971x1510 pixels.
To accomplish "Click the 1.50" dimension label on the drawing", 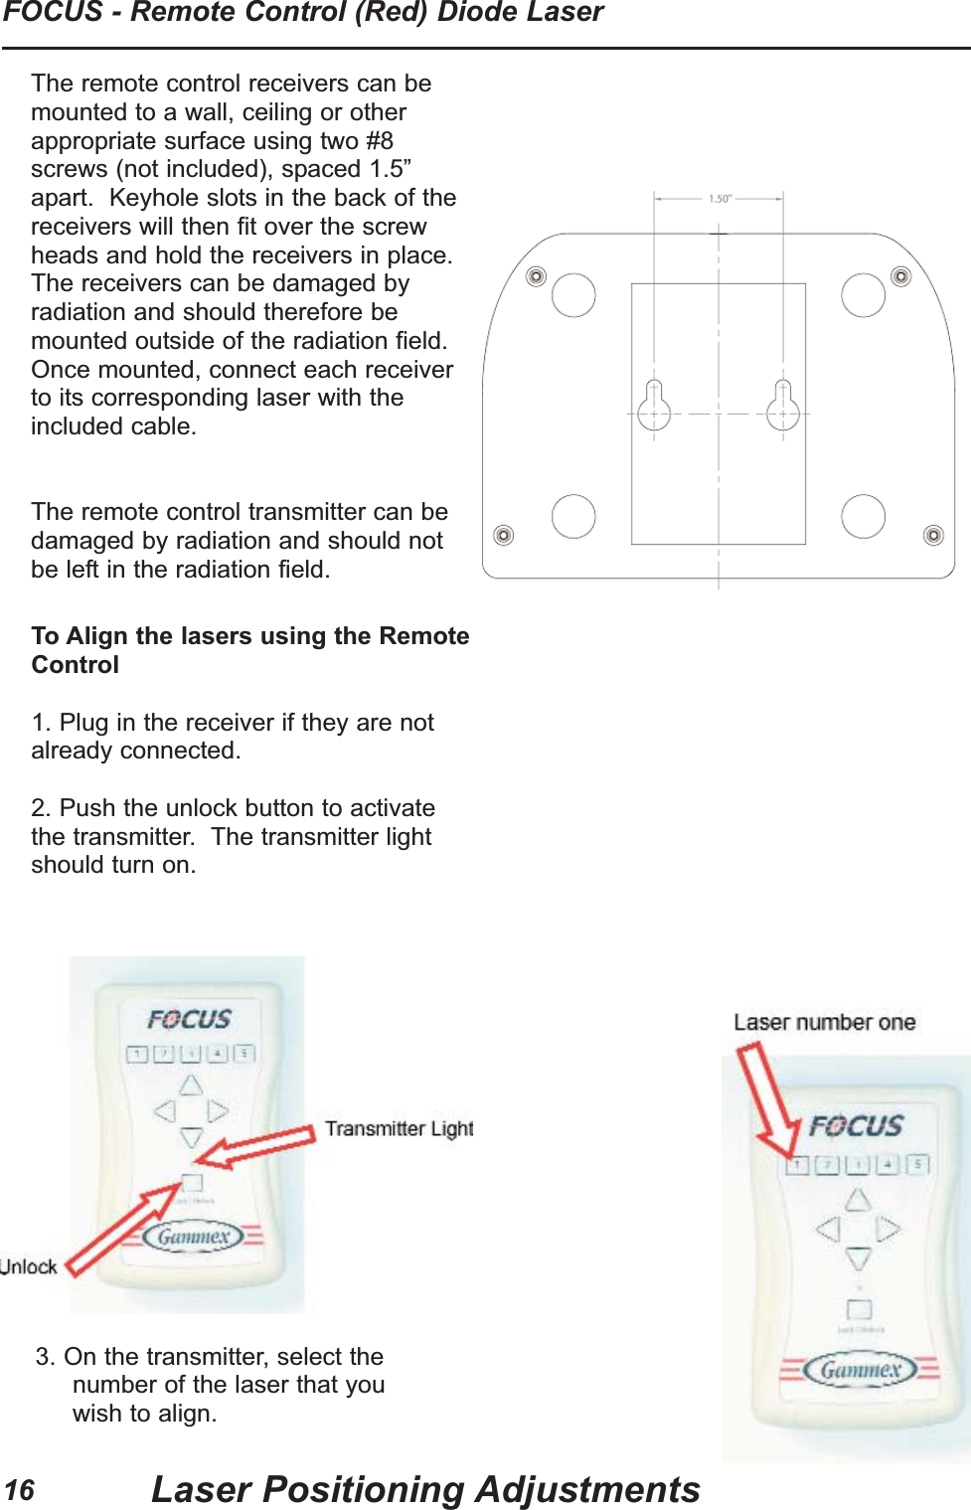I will (720, 199).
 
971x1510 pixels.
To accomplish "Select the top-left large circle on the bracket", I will (573, 295).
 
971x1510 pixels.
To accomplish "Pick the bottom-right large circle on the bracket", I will (863, 516).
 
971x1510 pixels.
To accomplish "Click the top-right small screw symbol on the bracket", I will (901, 276).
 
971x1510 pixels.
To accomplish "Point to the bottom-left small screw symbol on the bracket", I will (504, 536).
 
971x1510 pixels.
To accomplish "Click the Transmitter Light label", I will (399, 1129).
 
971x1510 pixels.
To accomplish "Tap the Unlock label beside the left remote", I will (29, 1266).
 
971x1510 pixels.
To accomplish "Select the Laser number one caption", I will (824, 1023).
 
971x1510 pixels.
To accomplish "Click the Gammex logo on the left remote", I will (194, 1237).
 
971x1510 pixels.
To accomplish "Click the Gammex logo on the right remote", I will (860, 1370).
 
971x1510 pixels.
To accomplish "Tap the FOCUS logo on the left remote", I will (189, 1020).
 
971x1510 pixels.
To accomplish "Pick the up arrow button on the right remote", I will (858, 1200).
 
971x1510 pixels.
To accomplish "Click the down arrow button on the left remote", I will (191, 1137).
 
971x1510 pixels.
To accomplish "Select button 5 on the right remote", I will (918, 1164).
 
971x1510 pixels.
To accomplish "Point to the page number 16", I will (19, 1490).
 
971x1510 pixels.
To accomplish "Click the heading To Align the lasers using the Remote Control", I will (249, 650).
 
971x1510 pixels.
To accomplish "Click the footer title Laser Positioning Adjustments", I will (425, 1489).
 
